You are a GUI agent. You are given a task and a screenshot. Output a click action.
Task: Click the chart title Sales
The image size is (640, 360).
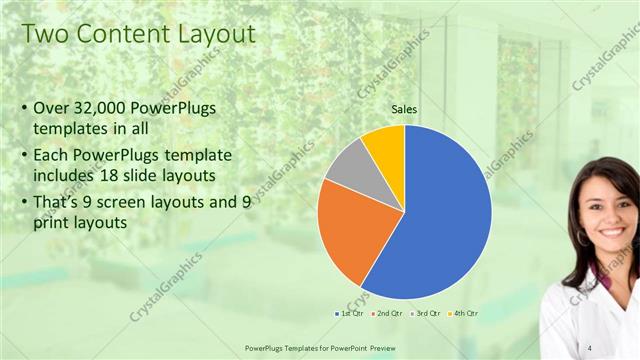click(x=404, y=110)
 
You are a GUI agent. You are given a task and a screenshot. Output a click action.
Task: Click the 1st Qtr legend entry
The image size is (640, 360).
click(x=347, y=314)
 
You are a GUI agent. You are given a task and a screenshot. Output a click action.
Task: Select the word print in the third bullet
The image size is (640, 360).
click(x=54, y=223)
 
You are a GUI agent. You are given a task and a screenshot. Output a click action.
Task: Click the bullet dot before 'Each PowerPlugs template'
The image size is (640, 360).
click(x=24, y=157)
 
